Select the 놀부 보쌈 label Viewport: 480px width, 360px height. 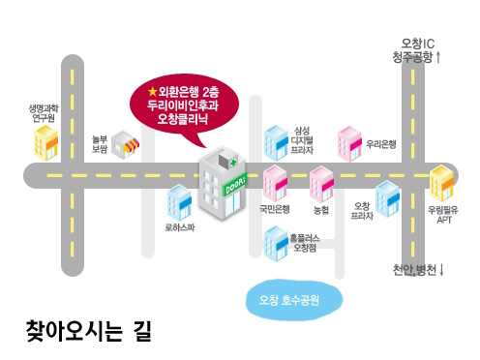(99, 144)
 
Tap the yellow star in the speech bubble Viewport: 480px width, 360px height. (152, 91)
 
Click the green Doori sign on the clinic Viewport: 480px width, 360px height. (235, 183)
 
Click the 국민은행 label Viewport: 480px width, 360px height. (275, 208)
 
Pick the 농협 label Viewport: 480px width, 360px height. (320, 208)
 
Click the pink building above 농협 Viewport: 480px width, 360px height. (320, 184)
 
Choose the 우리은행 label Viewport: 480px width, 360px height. (381, 144)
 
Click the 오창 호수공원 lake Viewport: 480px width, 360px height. (294, 298)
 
